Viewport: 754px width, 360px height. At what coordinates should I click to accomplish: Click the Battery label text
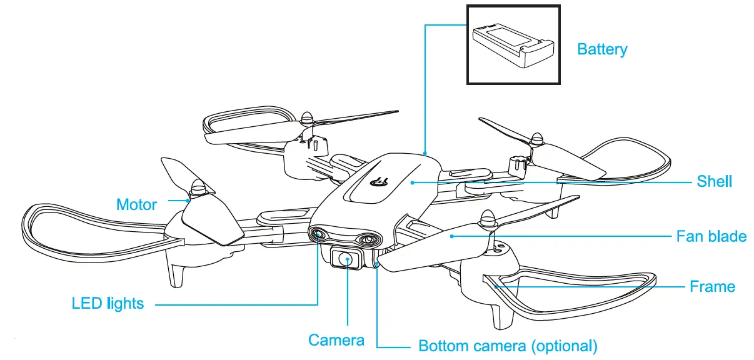601,49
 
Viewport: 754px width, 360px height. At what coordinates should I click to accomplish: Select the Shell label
714,181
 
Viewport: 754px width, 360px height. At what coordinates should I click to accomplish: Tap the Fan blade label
711,236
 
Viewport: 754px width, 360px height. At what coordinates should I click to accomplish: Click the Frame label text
712,287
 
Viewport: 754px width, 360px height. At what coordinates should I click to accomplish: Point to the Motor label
136,204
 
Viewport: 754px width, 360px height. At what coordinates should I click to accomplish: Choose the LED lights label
108,304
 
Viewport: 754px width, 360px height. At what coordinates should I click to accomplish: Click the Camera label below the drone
336,340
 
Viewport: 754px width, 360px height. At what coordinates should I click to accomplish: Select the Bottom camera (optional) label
508,346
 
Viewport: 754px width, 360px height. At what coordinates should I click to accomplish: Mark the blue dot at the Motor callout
189,200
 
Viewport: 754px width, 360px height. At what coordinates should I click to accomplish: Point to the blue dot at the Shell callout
413,182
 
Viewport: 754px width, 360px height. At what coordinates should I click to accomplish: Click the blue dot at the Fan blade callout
452,236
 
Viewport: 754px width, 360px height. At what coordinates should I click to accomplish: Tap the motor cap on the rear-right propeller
535,139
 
